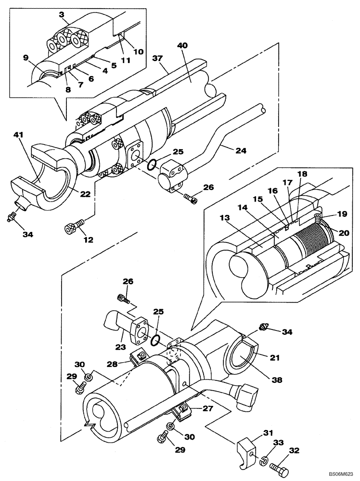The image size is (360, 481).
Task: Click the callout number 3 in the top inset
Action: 62,15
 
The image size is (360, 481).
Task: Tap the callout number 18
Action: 302,173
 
